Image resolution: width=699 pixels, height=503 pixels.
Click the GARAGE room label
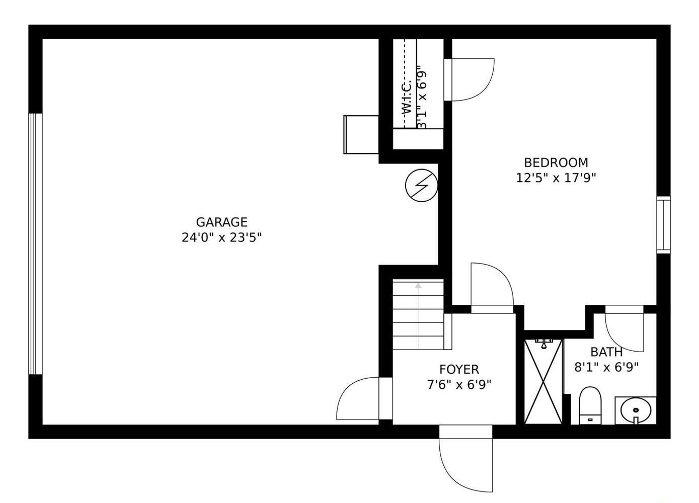221,222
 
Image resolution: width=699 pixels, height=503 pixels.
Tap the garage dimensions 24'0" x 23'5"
221,237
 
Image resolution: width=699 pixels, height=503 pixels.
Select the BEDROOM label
556,162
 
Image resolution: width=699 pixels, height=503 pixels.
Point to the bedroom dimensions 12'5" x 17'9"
556,178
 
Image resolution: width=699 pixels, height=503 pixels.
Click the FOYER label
459,370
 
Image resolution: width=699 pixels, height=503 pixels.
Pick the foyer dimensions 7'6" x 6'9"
459,385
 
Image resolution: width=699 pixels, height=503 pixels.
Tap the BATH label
606,352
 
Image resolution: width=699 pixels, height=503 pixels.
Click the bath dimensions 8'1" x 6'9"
606,367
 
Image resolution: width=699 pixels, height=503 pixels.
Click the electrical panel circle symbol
421,186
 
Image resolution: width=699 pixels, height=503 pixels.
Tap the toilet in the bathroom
590,405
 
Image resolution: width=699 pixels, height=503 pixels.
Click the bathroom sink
635,410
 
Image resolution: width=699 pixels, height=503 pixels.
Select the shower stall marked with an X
543,382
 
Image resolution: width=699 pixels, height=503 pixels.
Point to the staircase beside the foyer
418,314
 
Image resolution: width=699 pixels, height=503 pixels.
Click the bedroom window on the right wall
663,225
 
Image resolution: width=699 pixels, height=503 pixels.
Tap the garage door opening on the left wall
35,244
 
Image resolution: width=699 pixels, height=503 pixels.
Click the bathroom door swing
625,329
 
